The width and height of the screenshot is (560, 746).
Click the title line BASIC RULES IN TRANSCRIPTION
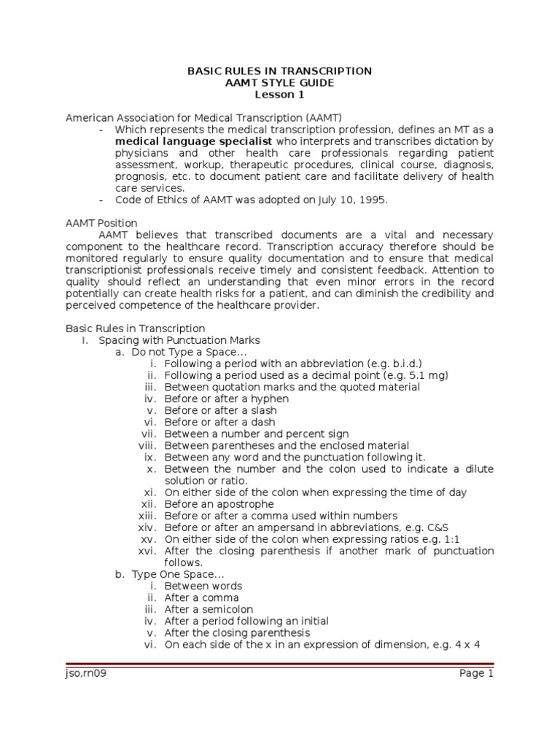[280, 71]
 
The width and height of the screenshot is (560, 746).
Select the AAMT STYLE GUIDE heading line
[280, 82]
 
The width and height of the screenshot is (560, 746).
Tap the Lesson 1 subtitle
[280, 94]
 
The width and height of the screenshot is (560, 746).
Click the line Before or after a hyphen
[227, 398]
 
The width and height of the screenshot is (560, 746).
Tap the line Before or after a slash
[221, 410]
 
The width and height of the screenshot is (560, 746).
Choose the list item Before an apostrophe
[219, 503]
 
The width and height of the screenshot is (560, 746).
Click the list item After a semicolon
[209, 609]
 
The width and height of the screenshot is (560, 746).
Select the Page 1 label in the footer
[476, 674]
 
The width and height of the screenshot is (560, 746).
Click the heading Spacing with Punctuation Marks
[179, 340]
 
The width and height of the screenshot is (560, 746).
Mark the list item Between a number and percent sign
[257, 433]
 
